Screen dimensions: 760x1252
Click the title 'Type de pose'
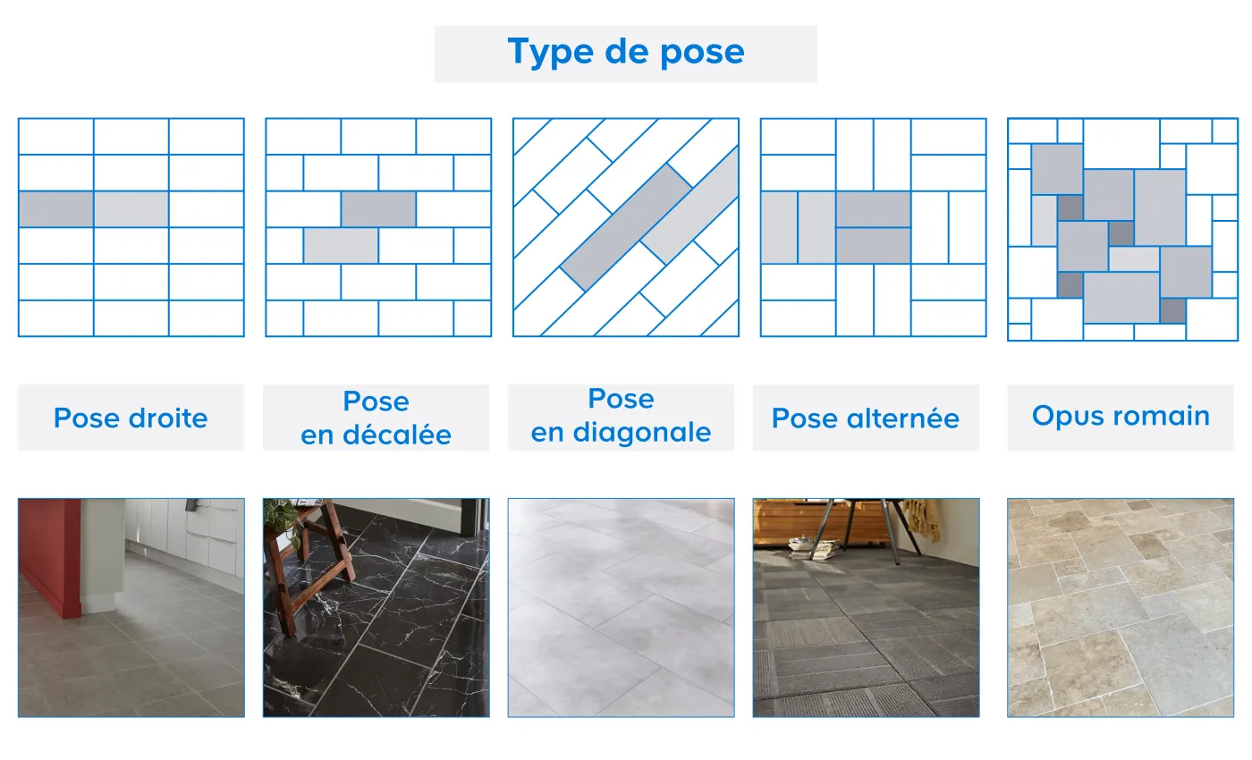click(x=625, y=52)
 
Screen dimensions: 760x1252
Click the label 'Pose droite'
click(x=131, y=418)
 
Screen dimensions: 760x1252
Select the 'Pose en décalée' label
click(x=376, y=418)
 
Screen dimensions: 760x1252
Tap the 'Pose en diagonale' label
click(x=621, y=416)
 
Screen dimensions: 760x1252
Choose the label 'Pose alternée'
click(x=865, y=418)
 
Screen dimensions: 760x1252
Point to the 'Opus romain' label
click(x=1121, y=416)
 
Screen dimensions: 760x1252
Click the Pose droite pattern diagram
click(x=131, y=227)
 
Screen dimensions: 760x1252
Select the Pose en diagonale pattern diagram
click(x=625, y=227)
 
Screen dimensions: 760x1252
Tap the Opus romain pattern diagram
click(x=1121, y=229)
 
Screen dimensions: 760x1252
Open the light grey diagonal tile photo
click(x=621, y=608)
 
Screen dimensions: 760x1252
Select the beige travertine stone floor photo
click(x=1121, y=608)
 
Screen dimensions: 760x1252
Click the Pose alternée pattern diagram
click(x=873, y=227)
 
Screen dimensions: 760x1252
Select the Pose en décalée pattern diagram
click(x=378, y=227)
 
